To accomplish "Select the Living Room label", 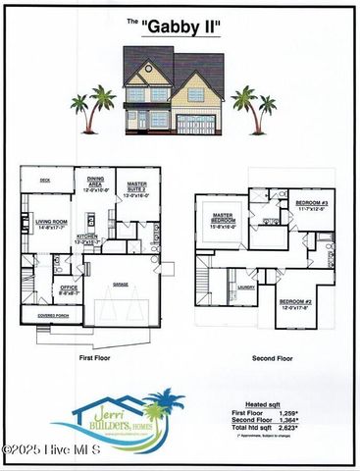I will click(x=51, y=224).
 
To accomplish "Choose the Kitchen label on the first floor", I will click(x=86, y=238).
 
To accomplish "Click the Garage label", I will click(x=120, y=284).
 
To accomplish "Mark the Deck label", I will click(x=45, y=181).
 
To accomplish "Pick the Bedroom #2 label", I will click(x=294, y=303).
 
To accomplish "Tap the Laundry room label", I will click(x=245, y=288).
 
